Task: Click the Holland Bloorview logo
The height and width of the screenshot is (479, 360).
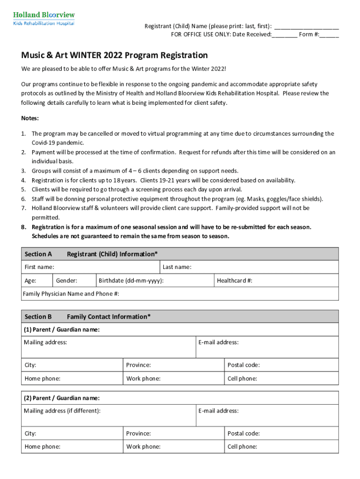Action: pyautogui.click(x=43, y=18)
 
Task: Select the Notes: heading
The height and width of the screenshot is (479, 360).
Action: pyautogui.click(x=30, y=118)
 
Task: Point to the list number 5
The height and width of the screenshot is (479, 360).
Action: pyautogui.click(x=23, y=189)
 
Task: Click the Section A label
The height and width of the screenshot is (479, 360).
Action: pyautogui.click(x=38, y=254)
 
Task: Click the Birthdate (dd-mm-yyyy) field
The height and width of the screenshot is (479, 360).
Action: pyautogui.click(x=154, y=281)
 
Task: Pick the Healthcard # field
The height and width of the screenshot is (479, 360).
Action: pyautogui.click(x=276, y=281)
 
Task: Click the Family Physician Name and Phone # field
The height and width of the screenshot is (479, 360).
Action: pyautogui.click(x=180, y=294)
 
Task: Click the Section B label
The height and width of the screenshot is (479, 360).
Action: pyautogui.click(x=38, y=317)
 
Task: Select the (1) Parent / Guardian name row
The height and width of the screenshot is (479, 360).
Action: pyautogui.click(x=180, y=330)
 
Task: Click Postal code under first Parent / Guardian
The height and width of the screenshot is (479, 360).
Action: pyautogui.click(x=281, y=365)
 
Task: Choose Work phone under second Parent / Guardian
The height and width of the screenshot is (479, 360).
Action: pyautogui.click(x=174, y=447)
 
